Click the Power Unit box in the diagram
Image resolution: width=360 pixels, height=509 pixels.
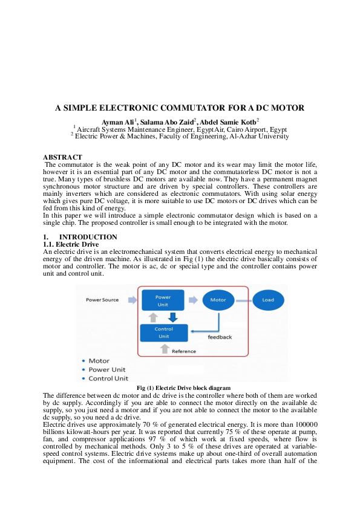[163, 300]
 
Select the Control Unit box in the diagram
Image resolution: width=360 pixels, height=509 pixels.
[163, 332]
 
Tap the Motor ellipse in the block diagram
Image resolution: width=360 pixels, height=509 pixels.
[218, 300]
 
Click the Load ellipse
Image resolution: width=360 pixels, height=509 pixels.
[267, 300]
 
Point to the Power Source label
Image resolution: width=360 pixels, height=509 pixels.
[102, 300]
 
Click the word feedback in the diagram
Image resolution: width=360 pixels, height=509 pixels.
[220, 337]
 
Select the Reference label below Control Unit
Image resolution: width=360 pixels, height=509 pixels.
[184, 351]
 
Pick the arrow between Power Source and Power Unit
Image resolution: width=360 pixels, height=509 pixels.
[131, 300]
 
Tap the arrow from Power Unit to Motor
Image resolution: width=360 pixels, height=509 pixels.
[193, 300]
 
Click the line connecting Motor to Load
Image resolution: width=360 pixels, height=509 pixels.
[243, 300]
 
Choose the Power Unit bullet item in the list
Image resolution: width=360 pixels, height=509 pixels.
[107, 369]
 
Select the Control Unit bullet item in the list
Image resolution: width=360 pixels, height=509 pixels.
[108, 378]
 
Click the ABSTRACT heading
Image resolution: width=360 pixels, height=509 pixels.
[62, 157]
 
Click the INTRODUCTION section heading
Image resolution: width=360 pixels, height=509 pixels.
[88, 237]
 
